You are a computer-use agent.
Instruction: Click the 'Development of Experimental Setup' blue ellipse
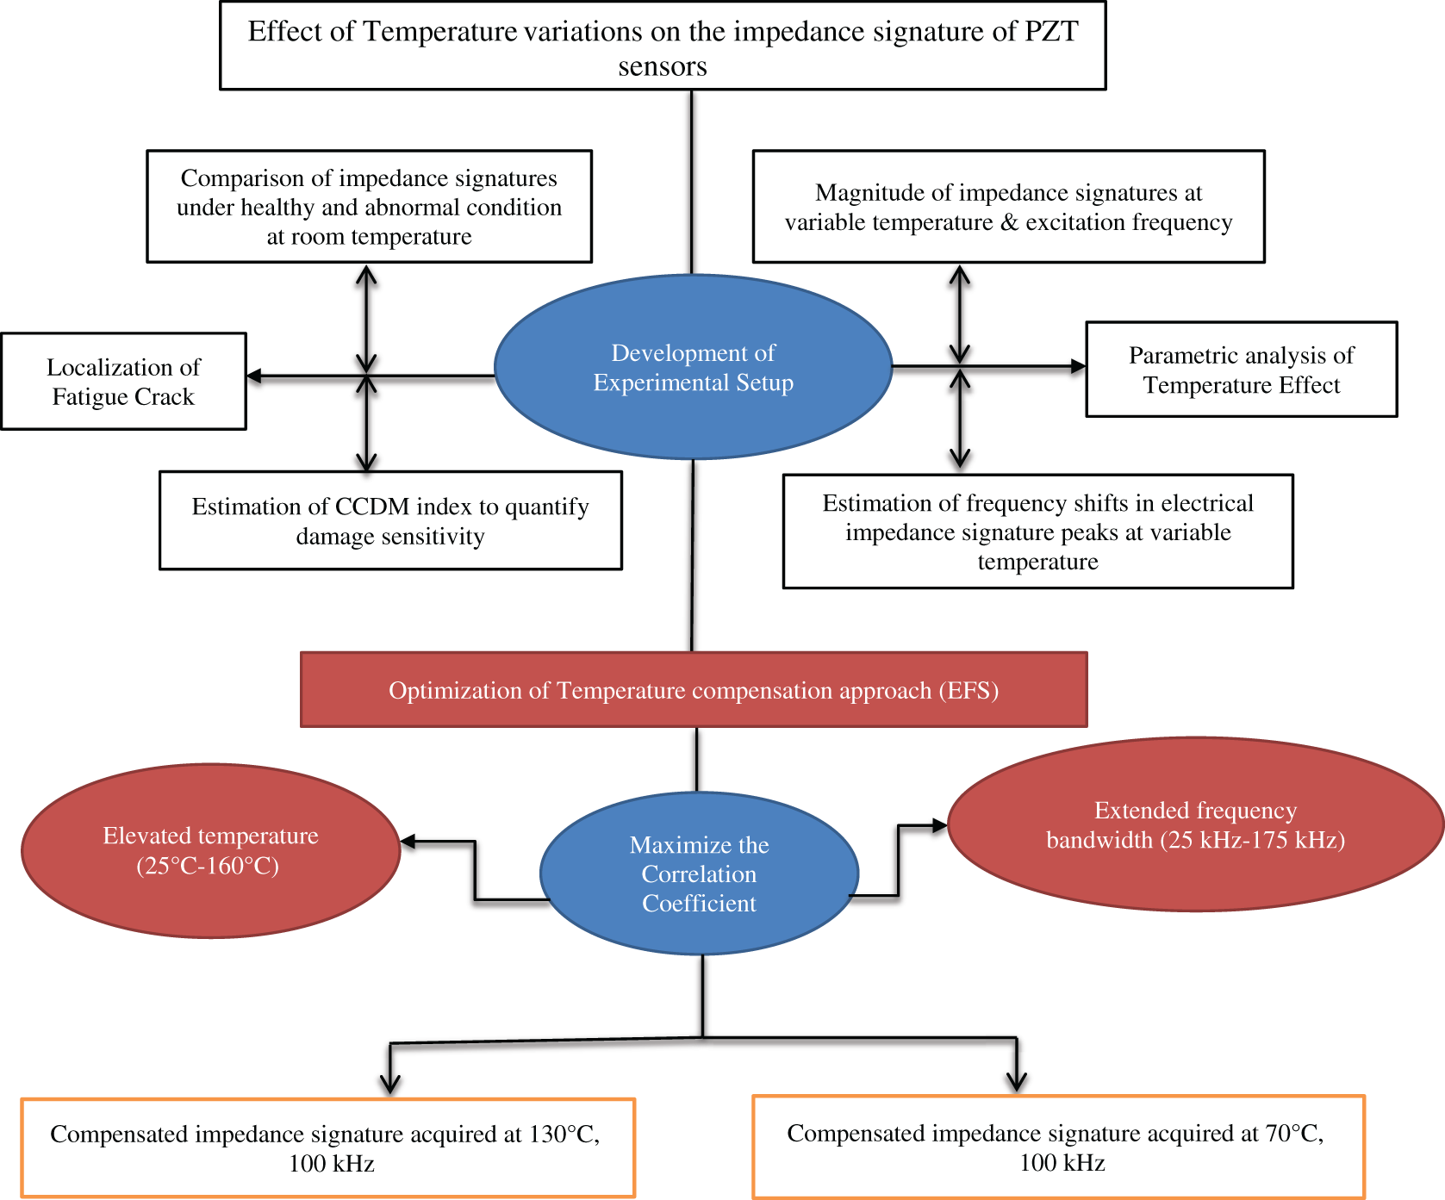pos(693,367)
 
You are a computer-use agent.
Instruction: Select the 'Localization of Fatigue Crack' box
pos(124,381)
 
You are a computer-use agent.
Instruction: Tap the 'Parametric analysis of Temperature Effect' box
pos(1242,370)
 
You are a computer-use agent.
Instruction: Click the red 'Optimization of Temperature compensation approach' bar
pos(694,690)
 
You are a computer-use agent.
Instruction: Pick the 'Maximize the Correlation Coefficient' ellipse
pos(699,874)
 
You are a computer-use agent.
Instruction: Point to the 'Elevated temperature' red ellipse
pos(211,850)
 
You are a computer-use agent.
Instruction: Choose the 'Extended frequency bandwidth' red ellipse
pos(1195,824)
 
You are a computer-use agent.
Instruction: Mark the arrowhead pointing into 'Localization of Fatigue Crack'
pos(253,376)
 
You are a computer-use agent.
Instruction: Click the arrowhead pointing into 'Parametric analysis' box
pos(1078,366)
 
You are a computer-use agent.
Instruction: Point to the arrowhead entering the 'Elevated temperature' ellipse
pos(408,842)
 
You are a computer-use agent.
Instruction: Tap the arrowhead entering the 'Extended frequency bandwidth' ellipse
pos(940,825)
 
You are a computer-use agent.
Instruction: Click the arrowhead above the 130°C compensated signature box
pos(390,1085)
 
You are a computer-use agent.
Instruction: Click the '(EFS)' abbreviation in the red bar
pos(969,691)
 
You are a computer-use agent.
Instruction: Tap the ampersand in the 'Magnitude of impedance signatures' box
pos(1009,222)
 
